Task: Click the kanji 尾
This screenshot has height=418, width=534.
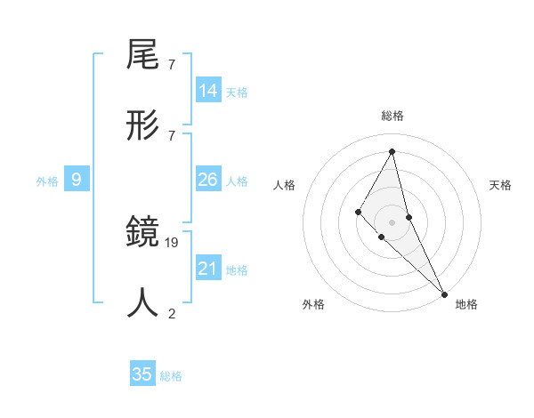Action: click(x=143, y=56)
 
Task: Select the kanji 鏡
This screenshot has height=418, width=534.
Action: click(x=143, y=233)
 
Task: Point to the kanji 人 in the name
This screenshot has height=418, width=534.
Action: click(x=143, y=302)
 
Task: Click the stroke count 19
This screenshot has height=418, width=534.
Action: click(x=172, y=242)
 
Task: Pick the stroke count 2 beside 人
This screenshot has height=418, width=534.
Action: click(x=172, y=313)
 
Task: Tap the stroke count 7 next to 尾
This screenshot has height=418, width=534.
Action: click(x=171, y=65)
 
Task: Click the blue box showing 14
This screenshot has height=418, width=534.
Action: click(x=208, y=91)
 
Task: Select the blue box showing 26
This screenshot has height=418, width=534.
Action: click(x=208, y=180)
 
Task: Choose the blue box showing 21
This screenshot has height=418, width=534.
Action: click(x=208, y=269)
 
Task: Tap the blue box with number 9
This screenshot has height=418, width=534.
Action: click(x=77, y=180)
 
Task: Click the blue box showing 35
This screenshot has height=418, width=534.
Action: click(x=142, y=374)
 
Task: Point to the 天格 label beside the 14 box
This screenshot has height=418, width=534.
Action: click(x=237, y=92)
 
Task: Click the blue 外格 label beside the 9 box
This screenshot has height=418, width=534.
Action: click(x=47, y=181)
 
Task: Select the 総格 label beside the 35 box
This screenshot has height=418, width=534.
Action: click(x=171, y=376)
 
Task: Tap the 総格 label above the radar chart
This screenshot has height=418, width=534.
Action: click(x=392, y=116)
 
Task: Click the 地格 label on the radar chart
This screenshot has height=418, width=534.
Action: click(x=466, y=304)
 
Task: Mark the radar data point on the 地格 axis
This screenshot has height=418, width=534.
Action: click(x=443, y=293)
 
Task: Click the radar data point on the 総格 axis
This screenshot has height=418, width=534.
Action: click(x=392, y=150)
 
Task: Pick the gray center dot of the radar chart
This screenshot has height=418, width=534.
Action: click(x=392, y=221)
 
